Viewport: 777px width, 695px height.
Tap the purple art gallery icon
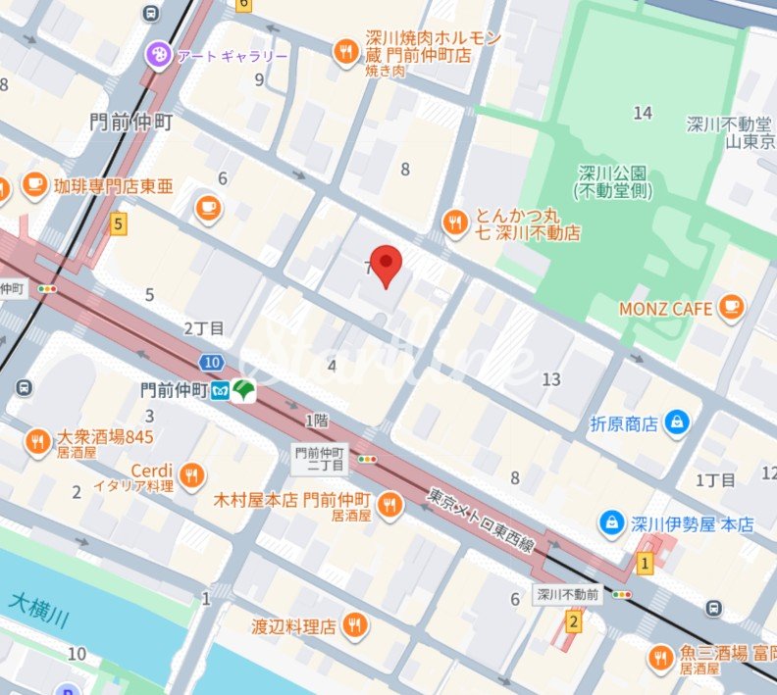pyautogui.click(x=157, y=55)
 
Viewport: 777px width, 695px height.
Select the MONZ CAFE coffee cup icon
pyautogui.click(x=730, y=309)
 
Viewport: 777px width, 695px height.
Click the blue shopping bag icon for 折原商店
pyautogui.click(x=676, y=422)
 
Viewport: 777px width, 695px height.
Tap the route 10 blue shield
pyautogui.click(x=212, y=362)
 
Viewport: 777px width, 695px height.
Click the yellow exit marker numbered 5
pyautogui.click(x=119, y=224)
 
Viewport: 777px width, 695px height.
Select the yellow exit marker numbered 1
pyautogui.click(x=645, y=563)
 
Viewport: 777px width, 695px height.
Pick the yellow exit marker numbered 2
pyautogui.click(x=574, y=621)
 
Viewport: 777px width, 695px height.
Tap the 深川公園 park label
pyautogui.click(x=613, y=182)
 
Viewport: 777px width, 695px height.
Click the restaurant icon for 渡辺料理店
pyautogui.click(x=354, y=624)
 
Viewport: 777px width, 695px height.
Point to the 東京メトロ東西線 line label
pyautogui.click(x=481, y=520)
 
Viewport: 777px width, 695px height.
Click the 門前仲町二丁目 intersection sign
pyautogui.click(x=320, y=459)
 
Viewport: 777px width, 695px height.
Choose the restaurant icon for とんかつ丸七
pyautogui.click(x=453, y=223)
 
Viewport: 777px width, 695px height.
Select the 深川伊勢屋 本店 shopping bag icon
pyautogui.click(x=612, y=523)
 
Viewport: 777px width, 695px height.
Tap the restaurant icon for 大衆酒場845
pyautogui.click(x=38, y=442)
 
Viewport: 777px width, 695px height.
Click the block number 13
pyautogui.click(x=551, y=379)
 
